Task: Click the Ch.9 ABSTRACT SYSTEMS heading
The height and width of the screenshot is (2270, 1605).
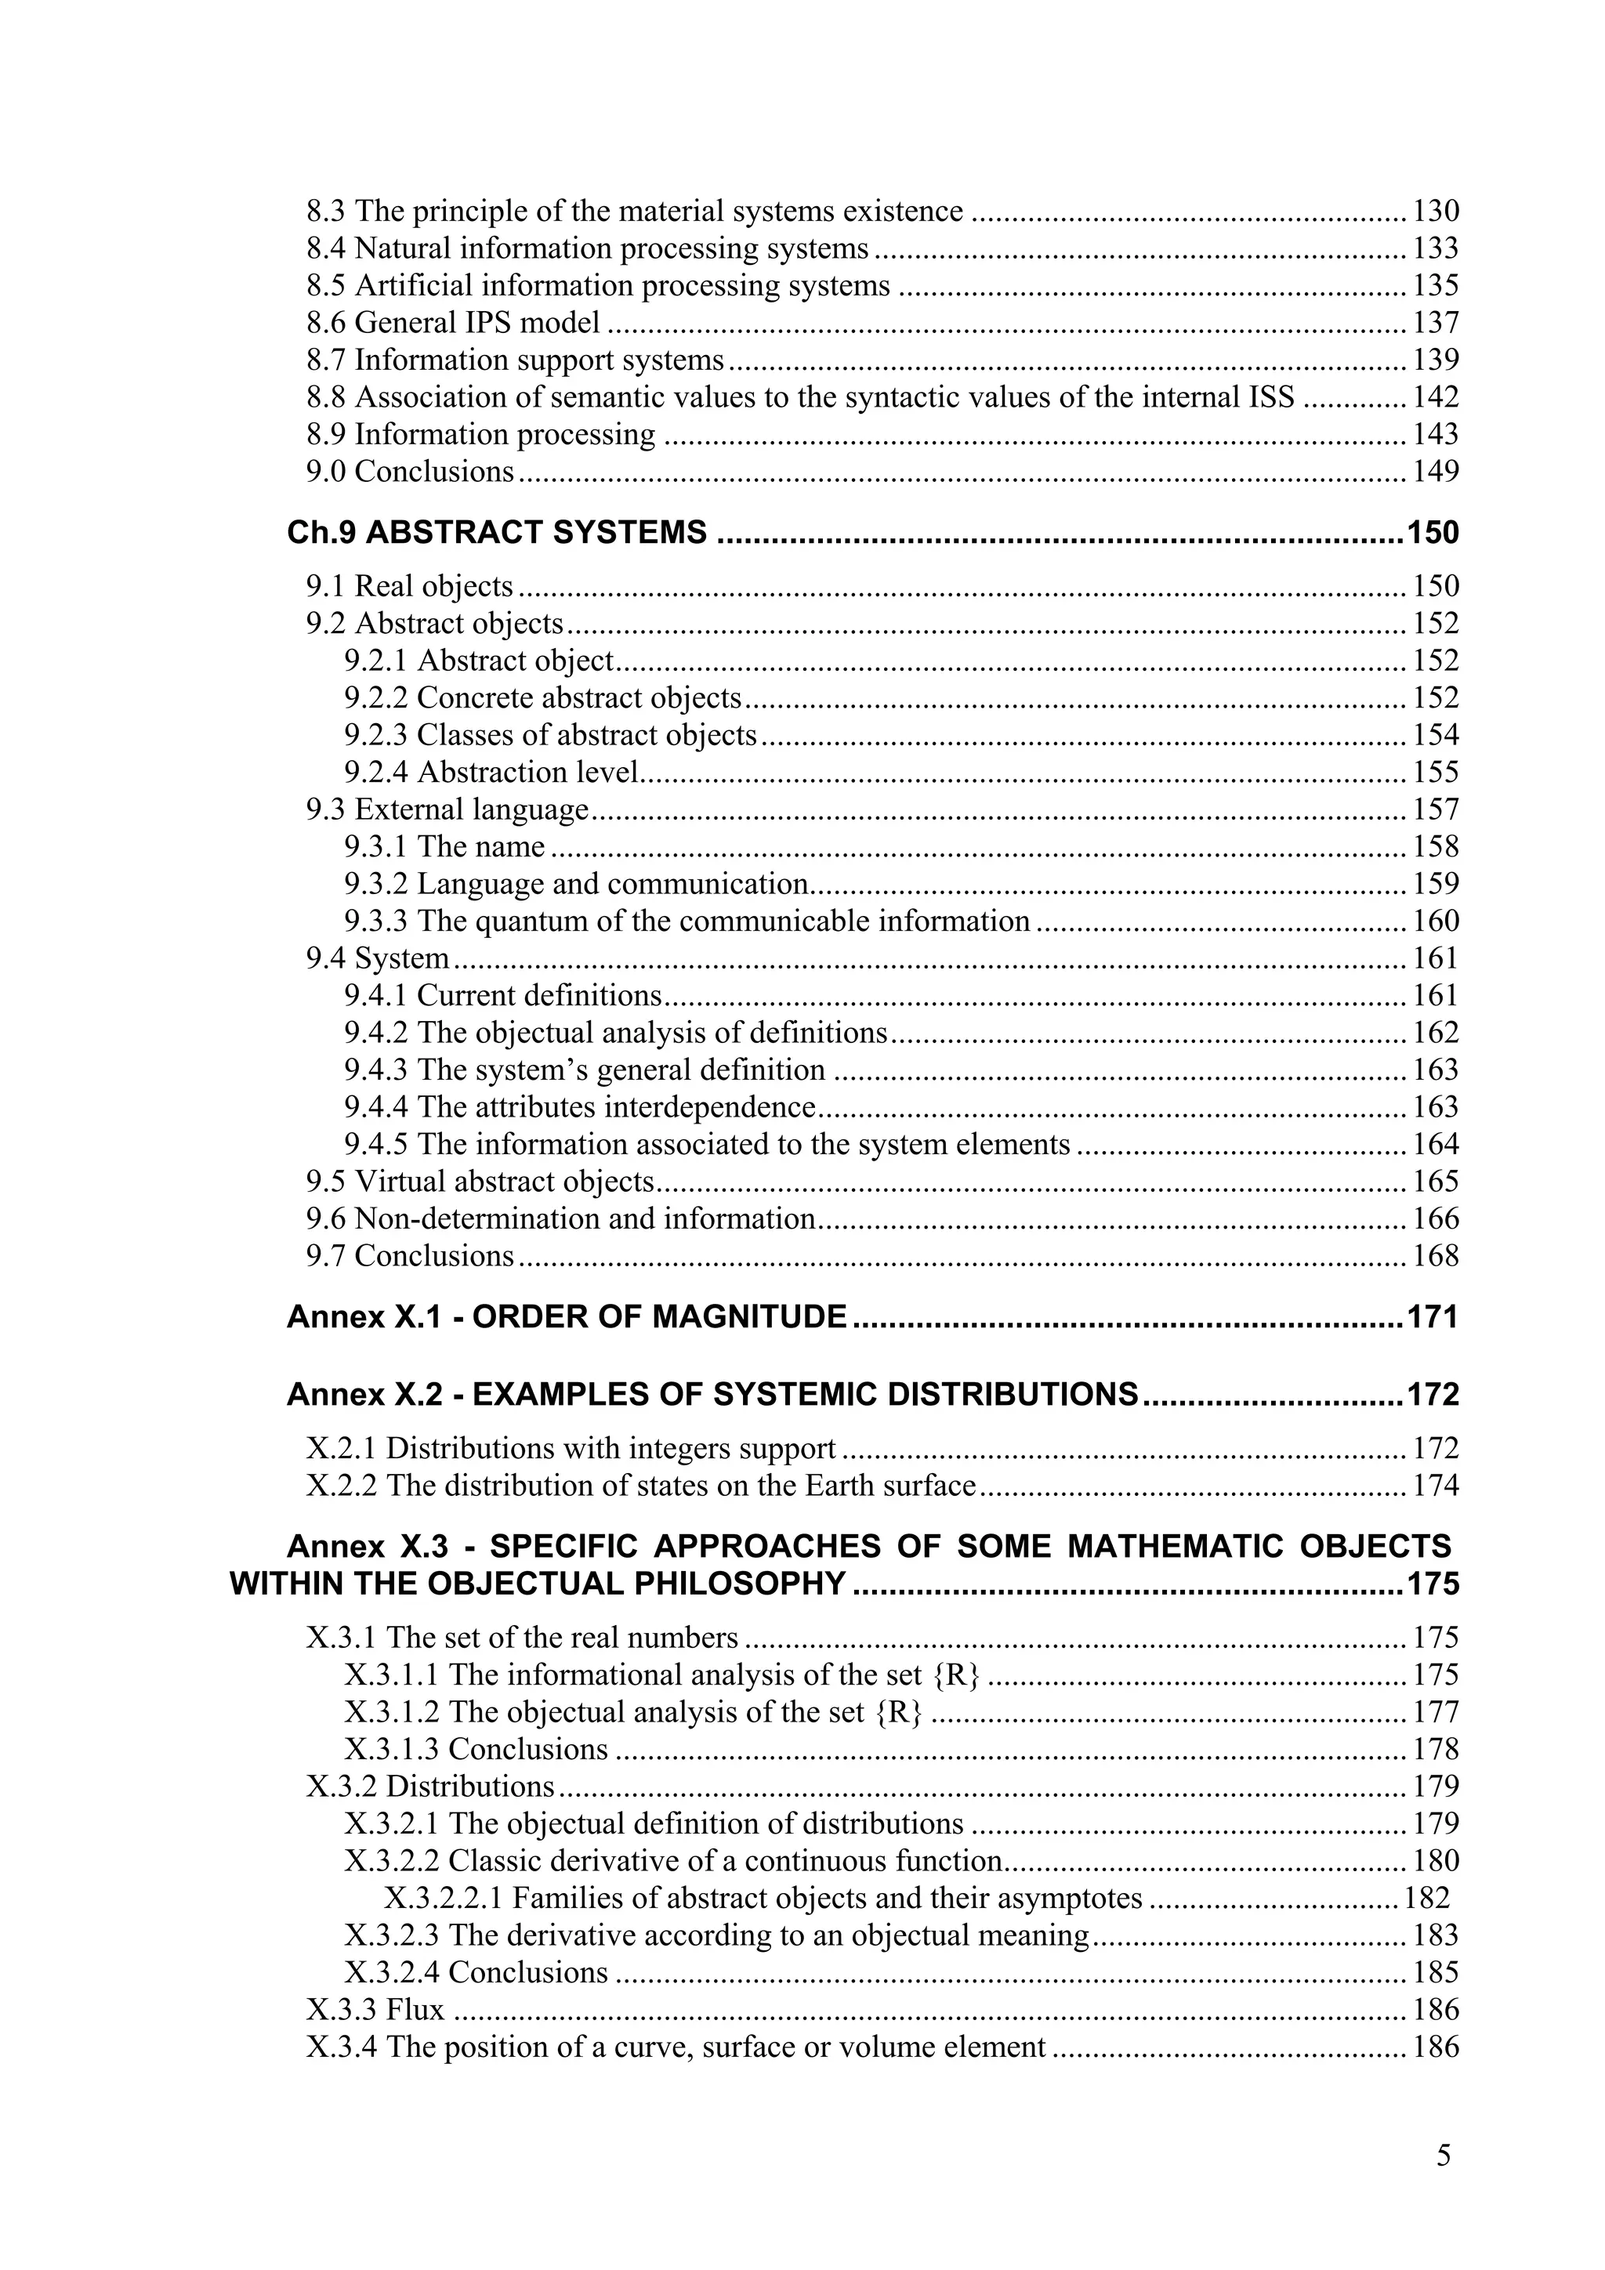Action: coord(496,533)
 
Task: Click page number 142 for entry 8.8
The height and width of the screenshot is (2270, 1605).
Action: coord(1435,397)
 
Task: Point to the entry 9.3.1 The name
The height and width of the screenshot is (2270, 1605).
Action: coord(444,847)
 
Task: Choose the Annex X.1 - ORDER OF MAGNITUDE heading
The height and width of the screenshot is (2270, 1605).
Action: coord(566,1317)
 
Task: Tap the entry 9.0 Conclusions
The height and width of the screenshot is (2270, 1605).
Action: coord(409,472)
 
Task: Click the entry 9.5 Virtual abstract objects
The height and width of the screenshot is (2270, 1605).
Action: coord(480,1182)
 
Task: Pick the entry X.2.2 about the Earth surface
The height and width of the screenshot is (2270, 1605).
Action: coord(641,1486)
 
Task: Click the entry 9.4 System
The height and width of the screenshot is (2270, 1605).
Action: coord(377,958)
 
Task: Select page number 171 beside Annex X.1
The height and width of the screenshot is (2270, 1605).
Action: coord(1433,1317)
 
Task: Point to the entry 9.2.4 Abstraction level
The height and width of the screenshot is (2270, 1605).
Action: coord(491,772)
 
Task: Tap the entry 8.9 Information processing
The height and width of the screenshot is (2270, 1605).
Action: coord(480,434)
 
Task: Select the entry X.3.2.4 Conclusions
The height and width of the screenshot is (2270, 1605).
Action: coord(476,1972)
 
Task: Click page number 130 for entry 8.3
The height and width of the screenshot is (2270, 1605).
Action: coord(1435,212)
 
